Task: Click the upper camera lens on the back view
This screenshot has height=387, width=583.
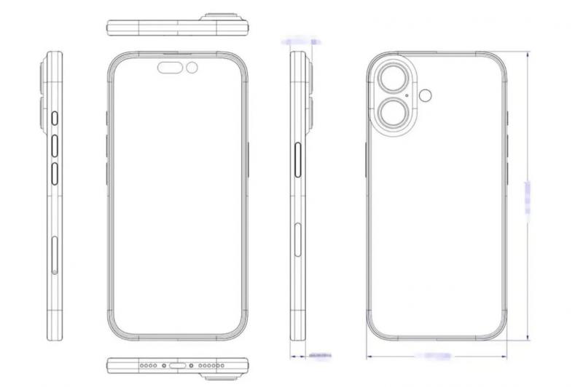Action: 392,76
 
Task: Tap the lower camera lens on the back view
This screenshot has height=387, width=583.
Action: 392,114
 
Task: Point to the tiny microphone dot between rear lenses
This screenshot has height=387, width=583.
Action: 405,95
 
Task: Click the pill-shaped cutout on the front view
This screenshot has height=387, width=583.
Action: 171,69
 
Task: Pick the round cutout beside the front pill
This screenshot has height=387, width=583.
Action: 192,69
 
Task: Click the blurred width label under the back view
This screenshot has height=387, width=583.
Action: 435,356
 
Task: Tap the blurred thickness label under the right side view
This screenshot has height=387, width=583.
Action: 319,356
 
